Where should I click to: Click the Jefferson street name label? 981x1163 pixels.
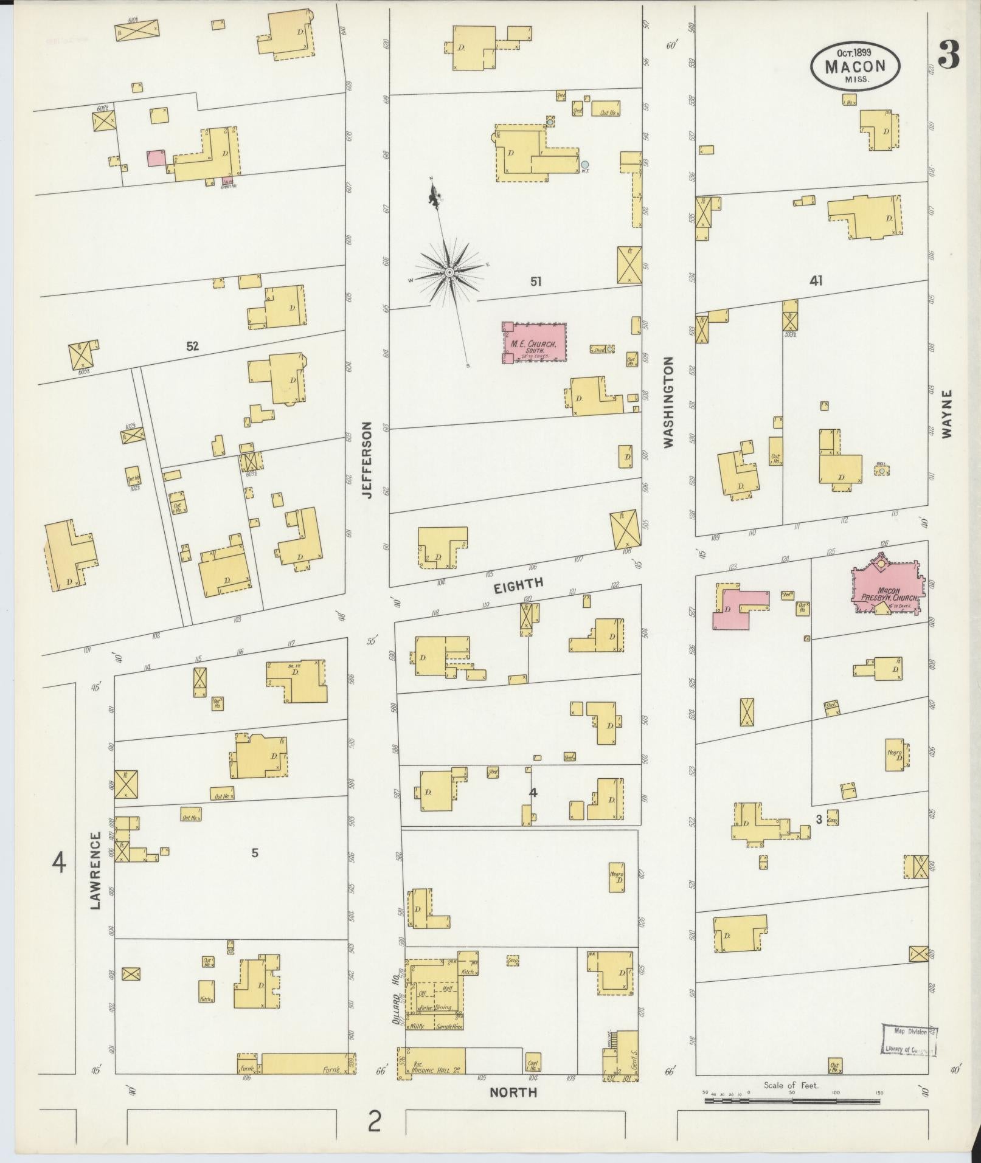(367, 460)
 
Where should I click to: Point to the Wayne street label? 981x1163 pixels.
(947, 413)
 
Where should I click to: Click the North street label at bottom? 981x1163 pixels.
(514, 1092)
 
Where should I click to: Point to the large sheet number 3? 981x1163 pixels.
(949, 55)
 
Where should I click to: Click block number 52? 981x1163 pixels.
(193, 347)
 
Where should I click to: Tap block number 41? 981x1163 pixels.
(816, 280)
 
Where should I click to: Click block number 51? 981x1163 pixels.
(535, 281)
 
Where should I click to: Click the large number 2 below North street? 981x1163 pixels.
(374, 1121)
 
